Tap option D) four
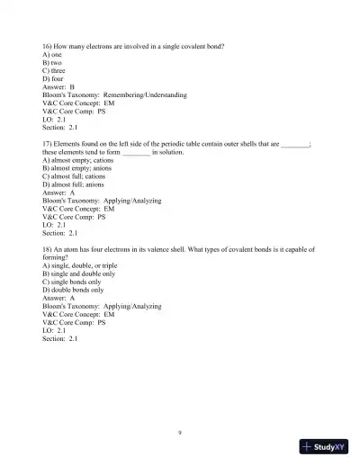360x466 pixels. [x=54, y=78]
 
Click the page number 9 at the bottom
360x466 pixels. [x=180, y=433]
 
